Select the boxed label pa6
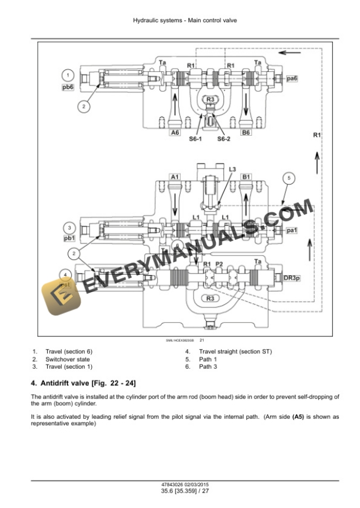[291, 78]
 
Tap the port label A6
[175, 133]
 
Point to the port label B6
[246, 133]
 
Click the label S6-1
[195, 139]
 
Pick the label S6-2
[224, 139]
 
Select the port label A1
[175, 176]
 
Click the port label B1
[246, 176]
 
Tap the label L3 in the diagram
[232, 169]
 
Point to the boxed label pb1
[69, 238]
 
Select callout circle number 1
[68, 75]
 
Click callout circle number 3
[69, 227]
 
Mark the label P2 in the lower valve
[219, 265]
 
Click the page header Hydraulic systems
[156, 21]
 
